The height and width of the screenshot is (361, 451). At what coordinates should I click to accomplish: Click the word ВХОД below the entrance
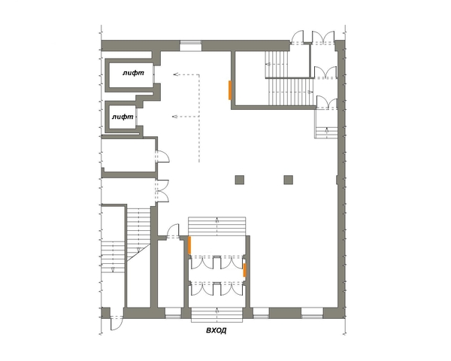[216, 330]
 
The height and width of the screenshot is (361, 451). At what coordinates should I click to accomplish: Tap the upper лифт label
[133, 73]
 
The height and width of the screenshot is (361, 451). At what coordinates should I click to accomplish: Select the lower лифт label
[123, 117]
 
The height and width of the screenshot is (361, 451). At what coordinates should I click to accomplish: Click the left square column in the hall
[240, 180]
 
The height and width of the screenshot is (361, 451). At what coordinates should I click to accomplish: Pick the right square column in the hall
[289, 180]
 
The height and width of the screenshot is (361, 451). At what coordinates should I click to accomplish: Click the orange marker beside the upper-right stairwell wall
[230, 90]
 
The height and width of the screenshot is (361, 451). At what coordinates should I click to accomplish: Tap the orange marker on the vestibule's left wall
[189, 245]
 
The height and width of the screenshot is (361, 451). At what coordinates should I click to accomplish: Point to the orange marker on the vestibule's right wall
[244, 270]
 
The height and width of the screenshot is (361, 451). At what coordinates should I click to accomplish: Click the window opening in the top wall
[190, 46]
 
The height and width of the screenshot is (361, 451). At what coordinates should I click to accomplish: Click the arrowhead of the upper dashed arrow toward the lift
[175, 74]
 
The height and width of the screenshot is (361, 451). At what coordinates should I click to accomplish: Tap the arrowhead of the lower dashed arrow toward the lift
[174, 117]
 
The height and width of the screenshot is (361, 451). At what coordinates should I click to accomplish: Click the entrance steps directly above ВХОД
[217, 314]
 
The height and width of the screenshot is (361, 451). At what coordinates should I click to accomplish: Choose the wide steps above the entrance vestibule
[217, 226]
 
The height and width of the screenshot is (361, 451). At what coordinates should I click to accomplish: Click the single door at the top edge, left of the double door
[297, 38]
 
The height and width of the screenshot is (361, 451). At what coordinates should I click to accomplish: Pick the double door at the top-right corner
[323, 38]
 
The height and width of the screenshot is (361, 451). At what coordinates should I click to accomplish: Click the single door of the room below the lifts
[162, 156]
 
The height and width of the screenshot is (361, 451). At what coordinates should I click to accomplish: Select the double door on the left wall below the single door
[162, 190]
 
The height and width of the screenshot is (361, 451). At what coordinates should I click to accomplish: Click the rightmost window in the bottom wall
[312, 313]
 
